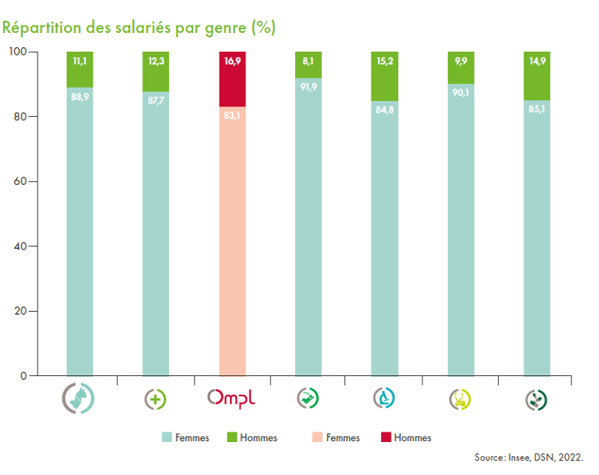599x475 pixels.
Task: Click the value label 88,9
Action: point(79,96)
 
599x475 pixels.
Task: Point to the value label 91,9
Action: point(308,87)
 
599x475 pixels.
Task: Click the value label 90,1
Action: point(460,92)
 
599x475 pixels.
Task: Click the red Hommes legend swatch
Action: point(381,437)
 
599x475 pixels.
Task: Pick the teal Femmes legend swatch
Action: point(166,437)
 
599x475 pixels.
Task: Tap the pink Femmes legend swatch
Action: point(315,437)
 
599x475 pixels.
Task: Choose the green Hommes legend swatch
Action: point(233,437)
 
